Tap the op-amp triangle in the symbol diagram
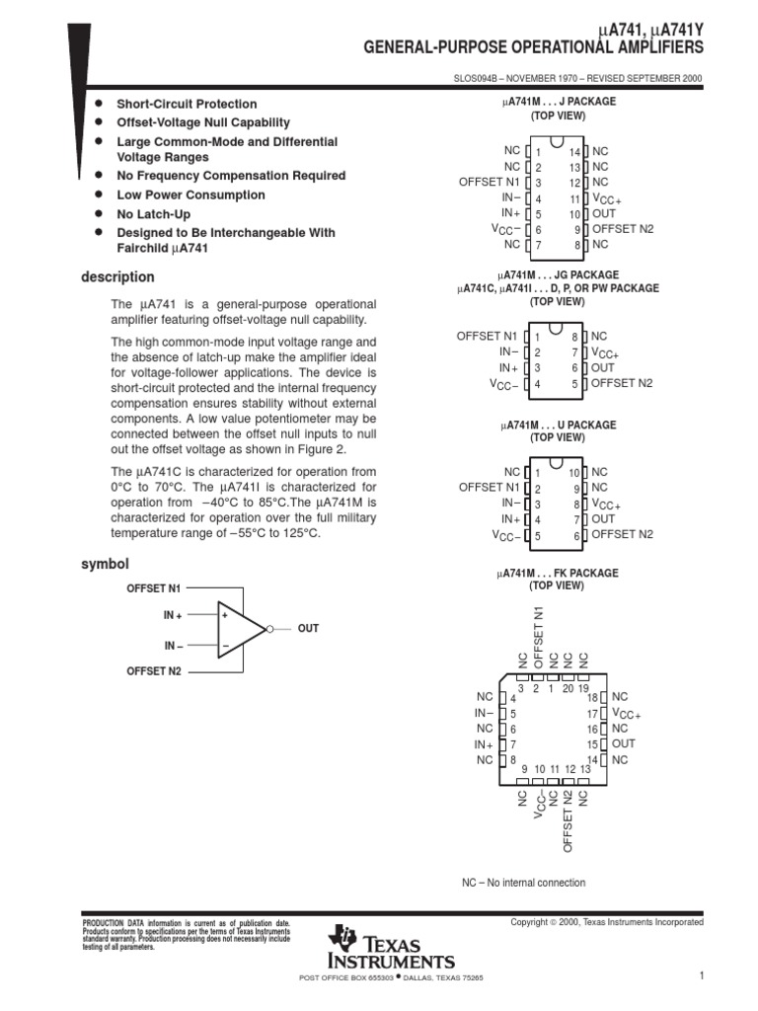click(241, 629)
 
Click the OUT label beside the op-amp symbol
click(308, 629)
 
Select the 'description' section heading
click(117, 277)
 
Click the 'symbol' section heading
click(104, 564)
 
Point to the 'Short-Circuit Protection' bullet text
click(187, 104)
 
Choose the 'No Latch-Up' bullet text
click(153, 213)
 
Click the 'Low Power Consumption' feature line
click(190, 194)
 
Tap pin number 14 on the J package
click(574, 152)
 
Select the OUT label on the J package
click(604, 213)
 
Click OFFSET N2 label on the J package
click(622, 229)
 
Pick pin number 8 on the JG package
click(575, 338)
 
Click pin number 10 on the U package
click(574, 474)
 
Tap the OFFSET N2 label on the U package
click(622, 534)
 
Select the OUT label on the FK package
click(624, 743)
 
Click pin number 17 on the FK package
click(593, 714)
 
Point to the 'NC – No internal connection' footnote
click(523, 883)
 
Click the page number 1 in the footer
click(701, 976)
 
